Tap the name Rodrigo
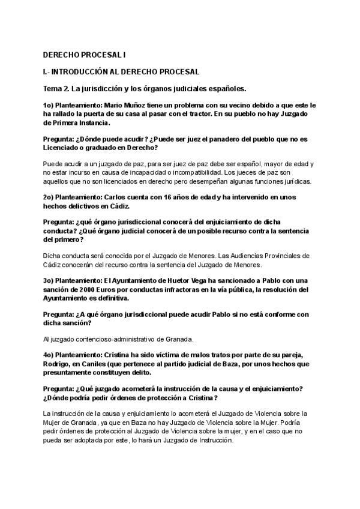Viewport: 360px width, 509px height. point(59,364)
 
